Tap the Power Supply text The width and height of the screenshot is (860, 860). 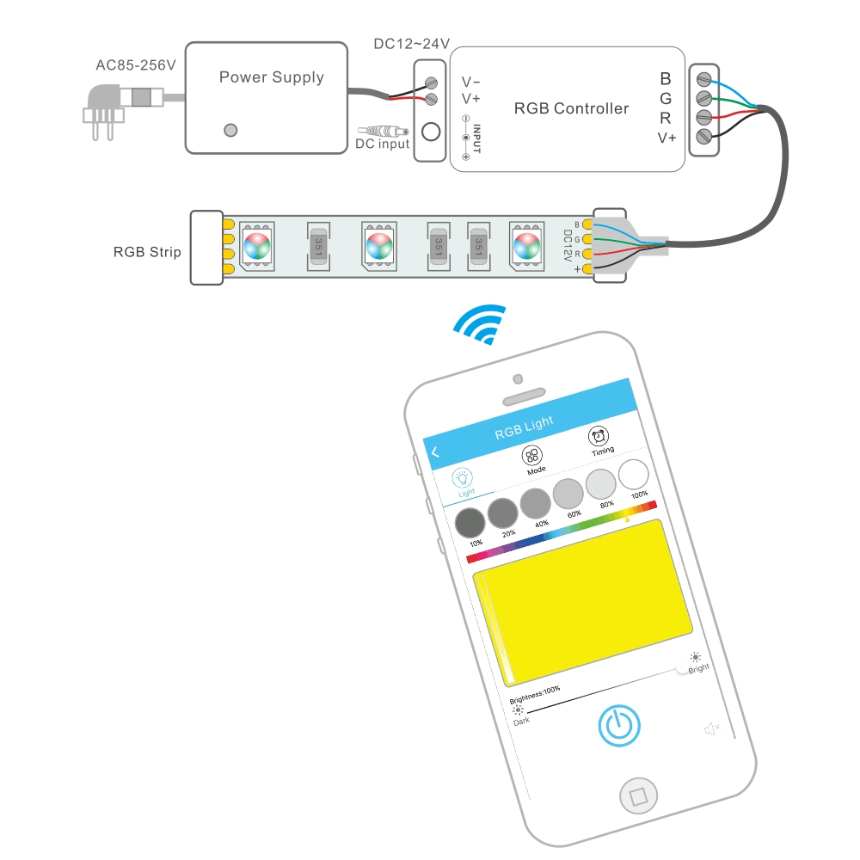tap(271, 77)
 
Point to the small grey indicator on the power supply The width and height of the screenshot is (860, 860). tap(230, 130)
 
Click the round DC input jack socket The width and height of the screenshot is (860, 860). tap(432, 133)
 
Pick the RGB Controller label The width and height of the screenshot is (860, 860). tap(571, 108)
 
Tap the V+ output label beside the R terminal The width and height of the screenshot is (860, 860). tap(666, 138)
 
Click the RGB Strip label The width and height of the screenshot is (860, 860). tap(147, 253)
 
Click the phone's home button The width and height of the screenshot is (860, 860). tap(637, 795)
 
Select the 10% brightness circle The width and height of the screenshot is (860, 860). tap(470, 522)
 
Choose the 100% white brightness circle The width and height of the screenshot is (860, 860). tap(635, 474)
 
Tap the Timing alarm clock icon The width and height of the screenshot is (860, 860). tap(599, 436)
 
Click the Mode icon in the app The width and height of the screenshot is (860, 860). tap(532, 457)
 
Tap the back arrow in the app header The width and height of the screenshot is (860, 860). tap(435, 452)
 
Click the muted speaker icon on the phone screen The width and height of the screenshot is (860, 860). tap(711, 729)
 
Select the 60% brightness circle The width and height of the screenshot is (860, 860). tap(568, 493)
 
